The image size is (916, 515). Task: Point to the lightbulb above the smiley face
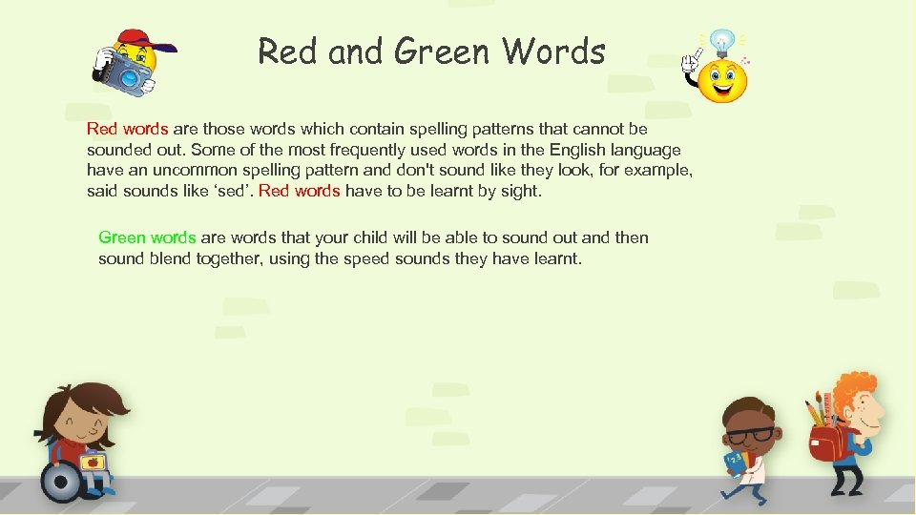722,43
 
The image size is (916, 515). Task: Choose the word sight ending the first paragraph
519,191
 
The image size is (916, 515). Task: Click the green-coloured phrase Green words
147,237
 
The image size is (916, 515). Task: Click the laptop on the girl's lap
93,463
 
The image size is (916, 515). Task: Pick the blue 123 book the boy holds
736,463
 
